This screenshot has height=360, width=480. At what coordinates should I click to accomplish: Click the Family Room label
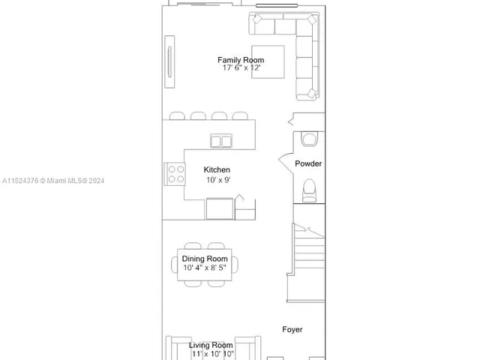[241, 60]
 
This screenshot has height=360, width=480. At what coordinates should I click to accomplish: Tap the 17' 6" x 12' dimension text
[241, 68]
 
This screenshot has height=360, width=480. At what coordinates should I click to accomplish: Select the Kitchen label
[217, 170]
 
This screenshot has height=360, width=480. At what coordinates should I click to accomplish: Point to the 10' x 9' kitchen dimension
[217, 180]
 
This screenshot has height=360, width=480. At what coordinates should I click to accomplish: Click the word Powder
[308, 163]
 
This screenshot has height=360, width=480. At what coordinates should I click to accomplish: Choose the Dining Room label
[205, 259]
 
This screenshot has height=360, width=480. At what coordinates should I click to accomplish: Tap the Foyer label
[292, 329]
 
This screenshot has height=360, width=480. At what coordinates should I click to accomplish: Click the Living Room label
[211, 345]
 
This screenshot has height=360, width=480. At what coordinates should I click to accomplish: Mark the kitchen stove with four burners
[175, 175]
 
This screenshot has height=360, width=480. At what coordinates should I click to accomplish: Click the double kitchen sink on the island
[221, 140]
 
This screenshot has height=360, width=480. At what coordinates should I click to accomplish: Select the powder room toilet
[309, 190]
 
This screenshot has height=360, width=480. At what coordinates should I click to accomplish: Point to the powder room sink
[309, 139]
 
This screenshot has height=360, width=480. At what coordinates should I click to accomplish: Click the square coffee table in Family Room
[262, 62]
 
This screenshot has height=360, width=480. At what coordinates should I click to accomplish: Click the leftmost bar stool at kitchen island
[177, 115]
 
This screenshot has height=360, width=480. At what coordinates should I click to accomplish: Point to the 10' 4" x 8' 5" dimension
[205, 268]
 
